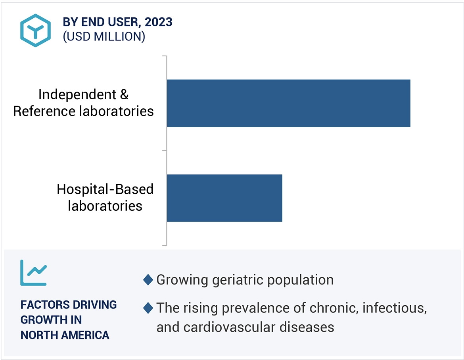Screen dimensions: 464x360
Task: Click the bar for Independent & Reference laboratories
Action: click(289, 103)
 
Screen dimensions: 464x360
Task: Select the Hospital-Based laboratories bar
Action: click(224, 198)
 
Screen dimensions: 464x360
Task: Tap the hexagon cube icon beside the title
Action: click(36, 30)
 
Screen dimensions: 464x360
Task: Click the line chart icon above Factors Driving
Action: click(33, 273)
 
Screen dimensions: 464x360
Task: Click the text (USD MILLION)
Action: click(104, 37)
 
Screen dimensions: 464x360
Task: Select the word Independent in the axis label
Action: click(77, 95)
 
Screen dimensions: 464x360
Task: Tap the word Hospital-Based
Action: click(105, 189)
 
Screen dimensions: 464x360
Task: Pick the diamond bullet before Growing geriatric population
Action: click(148, 280)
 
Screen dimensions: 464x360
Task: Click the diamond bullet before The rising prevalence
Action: click(148, 308)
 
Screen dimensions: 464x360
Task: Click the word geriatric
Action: click(238, 280)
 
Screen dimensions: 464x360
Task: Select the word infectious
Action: click(395, 308)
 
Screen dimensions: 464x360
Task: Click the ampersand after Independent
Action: click(124, 95)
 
